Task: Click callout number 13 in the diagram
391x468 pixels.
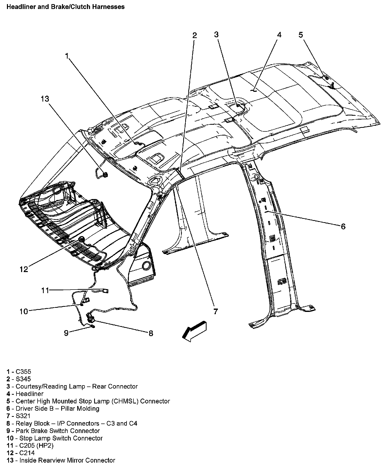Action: click(x=45, y=99)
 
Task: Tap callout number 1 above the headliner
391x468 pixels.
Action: click(x=67, y=56)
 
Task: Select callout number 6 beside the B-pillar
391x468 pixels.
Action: click(x=343, y=226)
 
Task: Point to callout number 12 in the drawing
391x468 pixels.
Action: click(x=24, y=269)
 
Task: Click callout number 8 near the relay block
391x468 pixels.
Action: click(x=151, y=333)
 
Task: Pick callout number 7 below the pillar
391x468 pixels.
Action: click(x=216, y=311)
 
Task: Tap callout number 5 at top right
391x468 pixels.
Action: click(x=301, y=35)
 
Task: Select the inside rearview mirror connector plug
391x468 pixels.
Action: click(x=105, y=175)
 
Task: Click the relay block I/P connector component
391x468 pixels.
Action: click(x=91, y=318)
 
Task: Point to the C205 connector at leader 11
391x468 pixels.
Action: click(x=105, y=291)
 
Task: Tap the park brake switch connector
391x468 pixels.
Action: click(x=92, y=327)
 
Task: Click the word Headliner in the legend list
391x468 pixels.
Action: click(x=30, y=393)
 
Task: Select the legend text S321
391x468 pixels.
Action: click(x=23, y=416)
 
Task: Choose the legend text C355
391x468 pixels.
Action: click(x=23, y=371)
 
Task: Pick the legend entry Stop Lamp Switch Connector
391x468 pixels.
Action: click(x=61, y=438)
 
